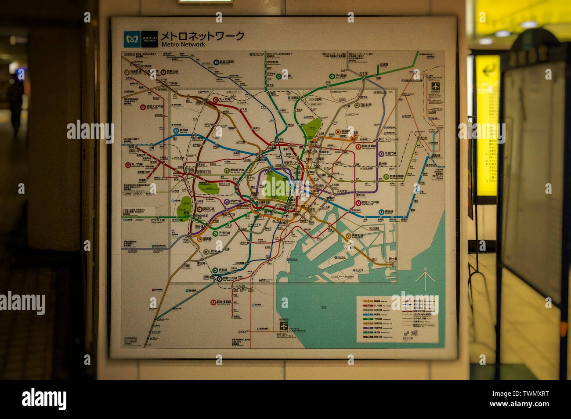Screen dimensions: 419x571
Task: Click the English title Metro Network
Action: point(183,44)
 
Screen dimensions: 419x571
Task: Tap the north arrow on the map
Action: point(425,278)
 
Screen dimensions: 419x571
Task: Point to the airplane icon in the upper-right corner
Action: point(435,87)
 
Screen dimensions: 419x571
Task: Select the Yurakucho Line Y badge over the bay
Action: point(348,236)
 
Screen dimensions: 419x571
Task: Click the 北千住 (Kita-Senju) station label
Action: point(363,74)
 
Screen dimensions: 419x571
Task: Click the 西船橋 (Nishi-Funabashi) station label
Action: point(435,156)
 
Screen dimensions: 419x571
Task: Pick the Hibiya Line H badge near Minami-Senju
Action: point(357,105)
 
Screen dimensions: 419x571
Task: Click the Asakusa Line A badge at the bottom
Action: point(213,303)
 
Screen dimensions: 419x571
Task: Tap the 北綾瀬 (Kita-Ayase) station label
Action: point(383,65)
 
